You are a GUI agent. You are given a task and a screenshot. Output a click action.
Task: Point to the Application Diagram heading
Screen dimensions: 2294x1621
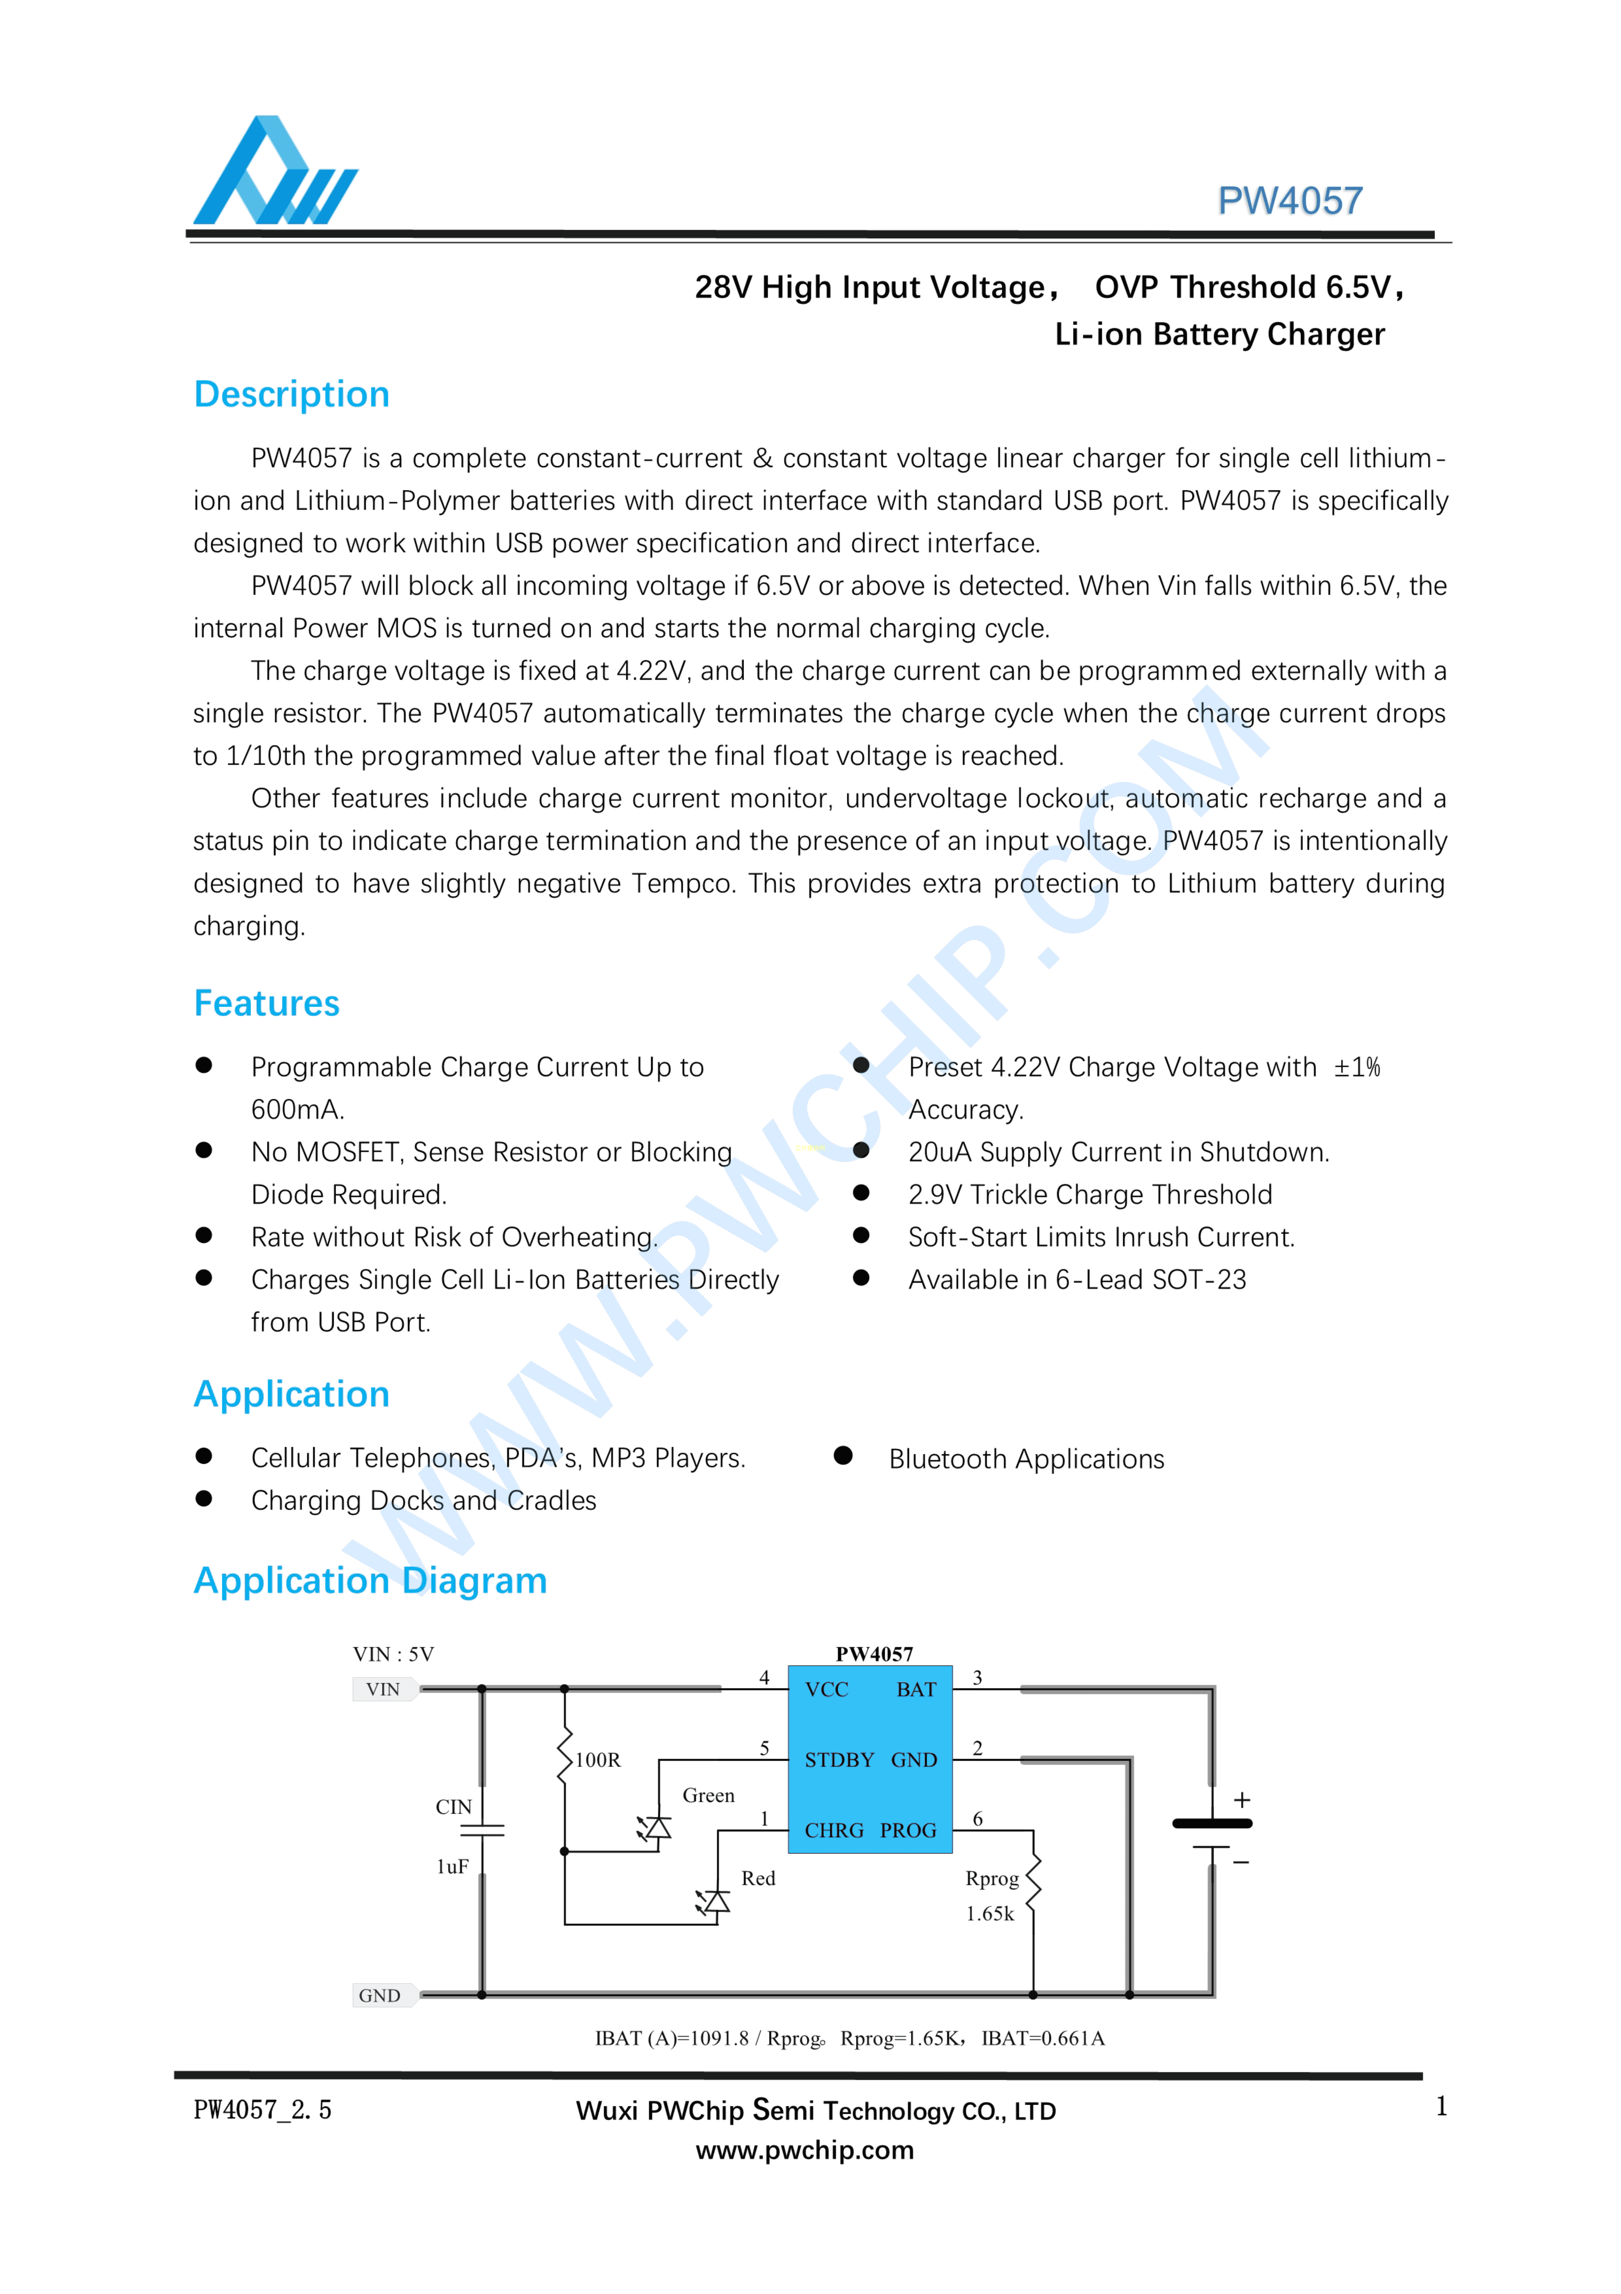[x=370, y=1580]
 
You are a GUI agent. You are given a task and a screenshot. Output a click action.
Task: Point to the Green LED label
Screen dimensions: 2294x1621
[x=708, y=1796]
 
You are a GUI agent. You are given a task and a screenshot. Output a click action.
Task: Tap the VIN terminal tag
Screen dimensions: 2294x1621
[x=383, y=1689]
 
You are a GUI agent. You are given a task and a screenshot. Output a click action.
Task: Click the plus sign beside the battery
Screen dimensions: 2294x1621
[x=1241, y=1801]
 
